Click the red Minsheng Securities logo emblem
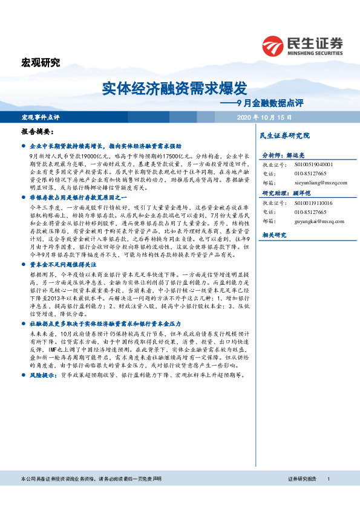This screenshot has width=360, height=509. (273, 45)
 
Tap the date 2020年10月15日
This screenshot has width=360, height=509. (264, 117)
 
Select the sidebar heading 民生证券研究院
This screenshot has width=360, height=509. (284, 135)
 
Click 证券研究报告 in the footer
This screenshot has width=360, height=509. (302, 496)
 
